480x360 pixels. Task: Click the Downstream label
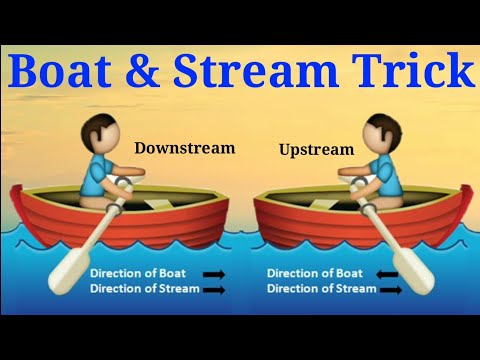[x=185, y=148]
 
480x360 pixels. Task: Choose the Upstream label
[x=317, y=150]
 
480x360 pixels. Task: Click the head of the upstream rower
[x=379, y=134]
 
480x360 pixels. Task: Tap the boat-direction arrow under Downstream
[x=213, y=273]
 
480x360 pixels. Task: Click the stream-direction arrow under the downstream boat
[x=213, y=289]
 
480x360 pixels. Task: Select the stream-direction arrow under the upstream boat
[x=390, y=289]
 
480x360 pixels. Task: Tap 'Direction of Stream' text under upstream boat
[x=321, y=289]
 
